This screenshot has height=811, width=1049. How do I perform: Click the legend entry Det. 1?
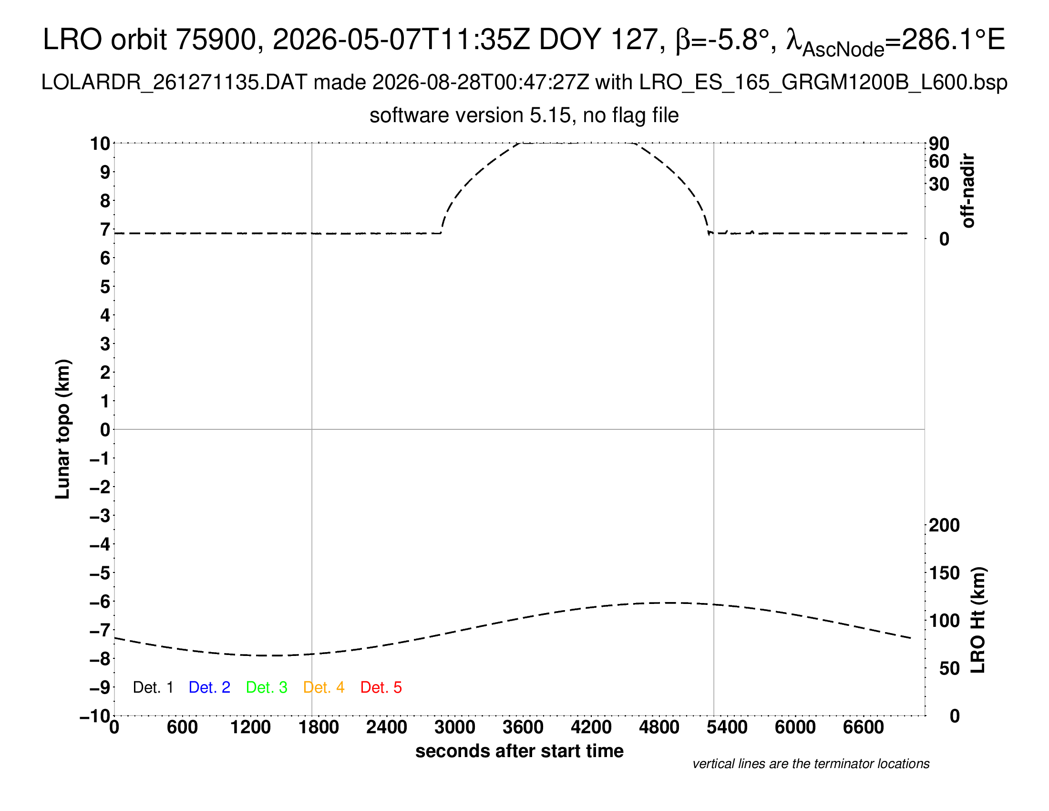(x=153, y=687)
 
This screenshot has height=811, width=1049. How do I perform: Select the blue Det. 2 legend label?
(x=209, y=687)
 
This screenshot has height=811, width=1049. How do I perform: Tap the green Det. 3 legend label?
(x=267, y=687)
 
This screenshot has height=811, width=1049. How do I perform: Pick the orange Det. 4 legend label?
(x=324, y=687)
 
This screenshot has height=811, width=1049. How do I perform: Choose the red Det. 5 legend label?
(x=381, y=687)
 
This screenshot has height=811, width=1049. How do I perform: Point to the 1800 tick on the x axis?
(x=319, y=728)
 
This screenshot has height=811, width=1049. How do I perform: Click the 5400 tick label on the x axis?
(x=727, y=728)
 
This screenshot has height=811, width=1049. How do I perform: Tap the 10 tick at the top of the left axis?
(x=100, y=143)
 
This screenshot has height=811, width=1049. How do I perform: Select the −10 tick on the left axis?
(x=95, y=717)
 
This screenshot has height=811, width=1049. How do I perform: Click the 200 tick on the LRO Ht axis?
(x=944, y=525)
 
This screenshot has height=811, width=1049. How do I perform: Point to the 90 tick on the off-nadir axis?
(x=939, y=144)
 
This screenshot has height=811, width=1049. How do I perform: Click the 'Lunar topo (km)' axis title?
(x=62, y=429)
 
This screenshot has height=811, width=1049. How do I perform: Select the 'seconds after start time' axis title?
(x=519, y=751)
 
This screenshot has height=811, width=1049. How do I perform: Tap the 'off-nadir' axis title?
(x=967, y=191)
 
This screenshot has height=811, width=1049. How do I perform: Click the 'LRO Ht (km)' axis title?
(x=978, y=620)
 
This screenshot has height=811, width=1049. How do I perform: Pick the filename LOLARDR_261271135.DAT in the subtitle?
(x=175, y=83)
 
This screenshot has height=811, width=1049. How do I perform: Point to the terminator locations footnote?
(x=811, y=764)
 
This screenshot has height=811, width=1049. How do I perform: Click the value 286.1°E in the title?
(x=954, y=40)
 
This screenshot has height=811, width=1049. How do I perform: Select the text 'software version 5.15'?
(x=471, y=115)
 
